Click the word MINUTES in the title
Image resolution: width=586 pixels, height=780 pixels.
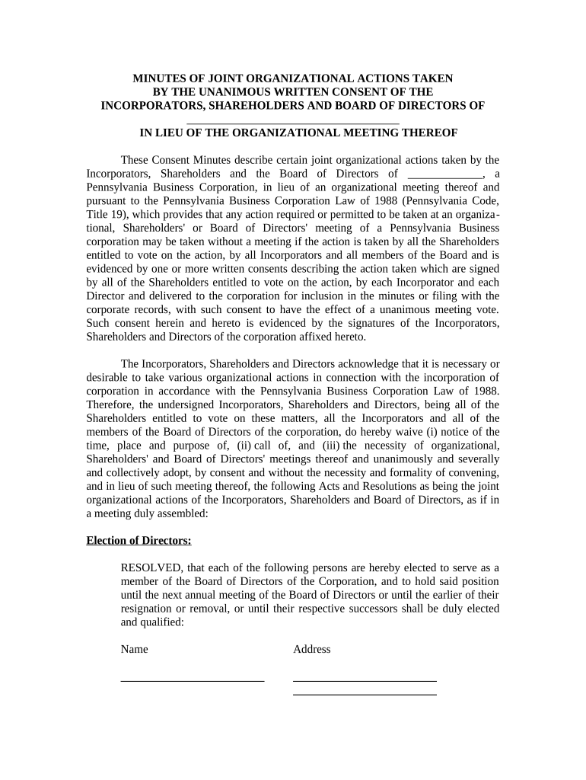click(160, 78)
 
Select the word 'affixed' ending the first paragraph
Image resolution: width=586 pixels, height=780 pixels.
click(304, 337)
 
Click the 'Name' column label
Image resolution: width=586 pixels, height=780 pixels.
click(135, 649)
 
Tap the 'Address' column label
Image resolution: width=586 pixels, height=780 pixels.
click(312, 649)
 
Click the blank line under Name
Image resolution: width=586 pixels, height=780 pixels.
click(193, 679)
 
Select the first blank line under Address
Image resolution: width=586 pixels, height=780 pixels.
click(365, 679)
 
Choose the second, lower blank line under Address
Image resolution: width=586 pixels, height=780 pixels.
click(365, 694)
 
